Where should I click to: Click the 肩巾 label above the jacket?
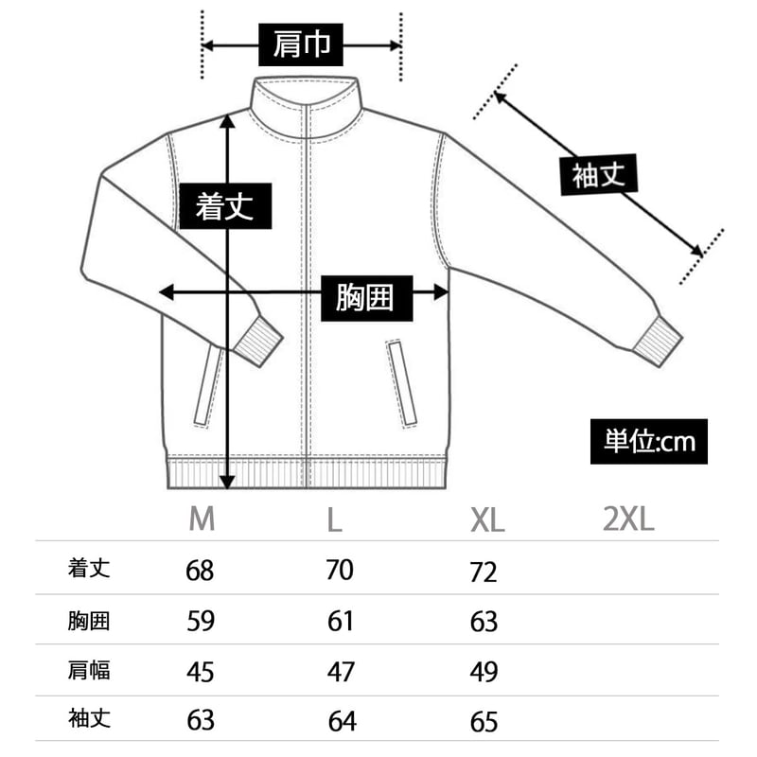pyautogui.click(x=301, y=44)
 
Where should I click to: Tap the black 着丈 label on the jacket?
pyautogui.click(x=224, y=205)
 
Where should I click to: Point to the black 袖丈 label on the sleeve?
pyautogui.click(x=598, y=175)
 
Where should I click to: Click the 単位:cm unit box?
pyautogui.click(x=649, y=441)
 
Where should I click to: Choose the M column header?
pyautogui.click(x=202, y=519)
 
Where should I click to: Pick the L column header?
pyautogui.click(x=333, y=519)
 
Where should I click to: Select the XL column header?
pyautogui.click(x=487, y=519)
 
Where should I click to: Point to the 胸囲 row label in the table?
pyautogui.click(x=89, y=621)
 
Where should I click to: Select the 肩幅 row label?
pyautogui.click(x=89, y=671)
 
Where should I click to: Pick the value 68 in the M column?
pyautogui.click(x=201, y=571)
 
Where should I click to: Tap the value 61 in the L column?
pyautogui.click(x=341, y=621)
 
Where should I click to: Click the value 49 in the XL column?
pyautogui.click(x=484, y=672)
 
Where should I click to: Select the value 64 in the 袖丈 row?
pyautogui.click(x=342, y=721)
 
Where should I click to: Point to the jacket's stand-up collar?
pyautogui.click(x=306, y=95)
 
